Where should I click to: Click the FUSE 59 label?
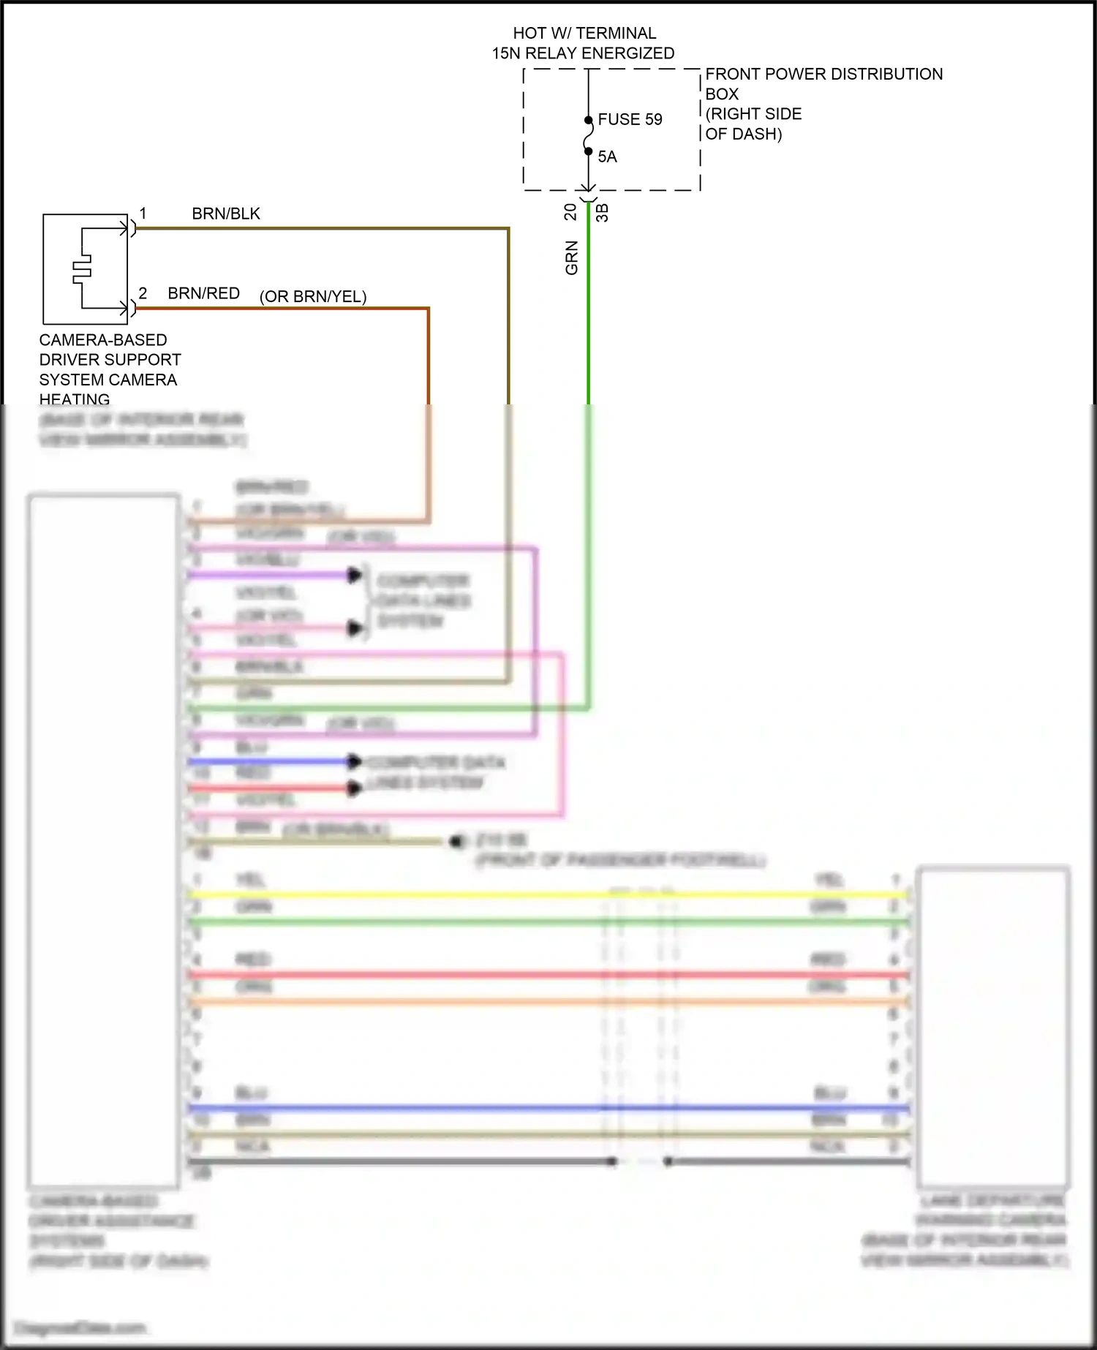630,119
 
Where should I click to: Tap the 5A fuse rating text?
607,157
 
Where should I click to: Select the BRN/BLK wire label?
226,214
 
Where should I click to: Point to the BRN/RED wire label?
203,293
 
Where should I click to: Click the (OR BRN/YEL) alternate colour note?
313,296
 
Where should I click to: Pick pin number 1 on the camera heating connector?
143,214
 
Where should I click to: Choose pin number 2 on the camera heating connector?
143,293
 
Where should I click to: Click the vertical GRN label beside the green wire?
572,257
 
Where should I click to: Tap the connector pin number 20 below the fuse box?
570,212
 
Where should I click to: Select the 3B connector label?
602,212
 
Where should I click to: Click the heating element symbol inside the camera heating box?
82,269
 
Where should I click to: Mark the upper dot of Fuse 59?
588,120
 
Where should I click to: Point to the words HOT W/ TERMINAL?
584,33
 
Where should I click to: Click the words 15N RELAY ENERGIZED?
583,53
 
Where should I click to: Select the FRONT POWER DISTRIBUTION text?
823,74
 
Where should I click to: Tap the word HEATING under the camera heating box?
75,399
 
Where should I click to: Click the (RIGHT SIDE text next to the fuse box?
753,114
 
